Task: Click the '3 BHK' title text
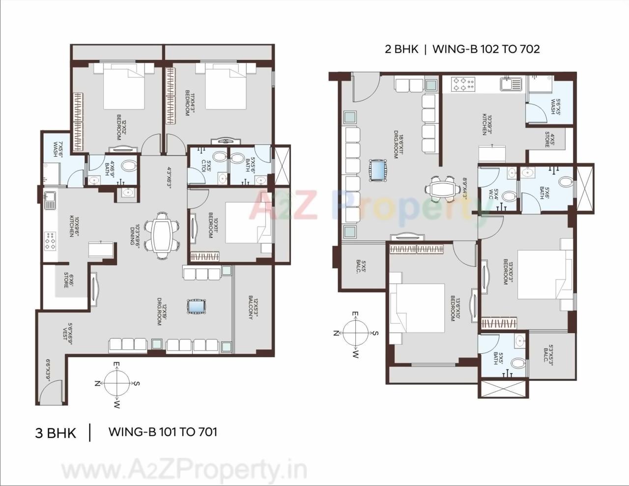point(56,433)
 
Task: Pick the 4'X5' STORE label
point(549,142)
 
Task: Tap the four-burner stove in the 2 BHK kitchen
point(463,84)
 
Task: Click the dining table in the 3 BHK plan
point(163,234)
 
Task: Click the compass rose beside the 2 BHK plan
point(356,333)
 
